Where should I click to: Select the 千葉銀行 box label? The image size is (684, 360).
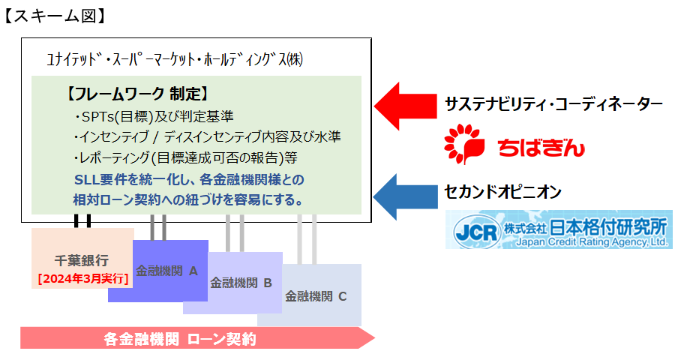click(82, 260)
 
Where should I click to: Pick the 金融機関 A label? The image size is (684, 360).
click(166, 271)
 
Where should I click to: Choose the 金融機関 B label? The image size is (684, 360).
click(241, 283)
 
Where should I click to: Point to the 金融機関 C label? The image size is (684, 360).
click(316, 295)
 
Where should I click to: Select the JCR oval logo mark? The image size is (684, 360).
click(476, 230)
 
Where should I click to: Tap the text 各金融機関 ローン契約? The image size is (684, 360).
click(180, 339)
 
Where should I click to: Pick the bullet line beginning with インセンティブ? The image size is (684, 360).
click(208, 137)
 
